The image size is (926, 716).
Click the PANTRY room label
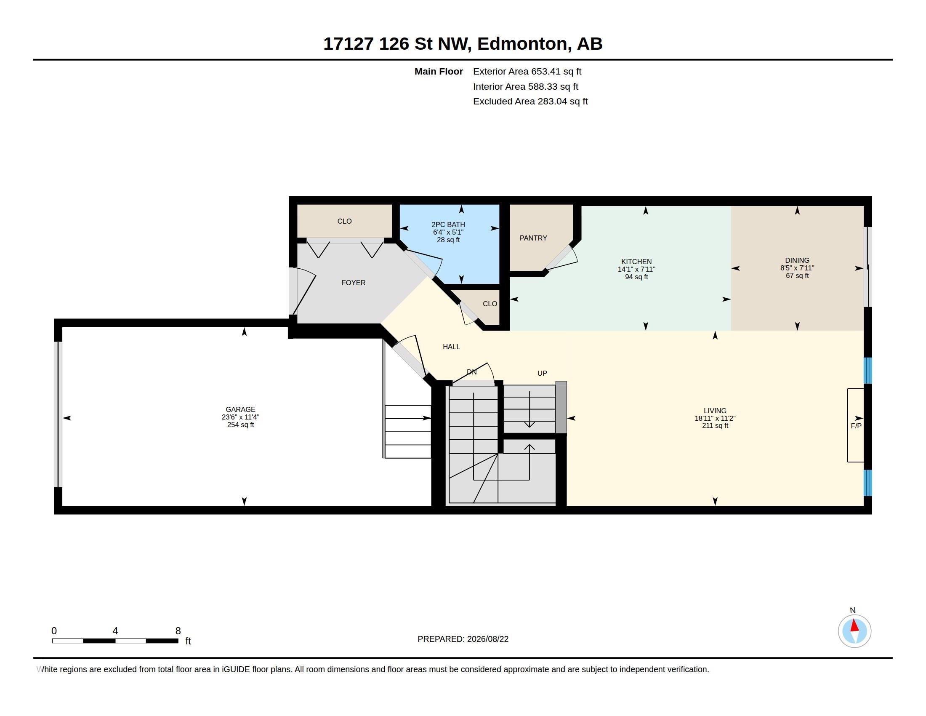(533, 238)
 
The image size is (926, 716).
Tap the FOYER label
(353, 283)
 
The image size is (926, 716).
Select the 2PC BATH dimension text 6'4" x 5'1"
(448, 232)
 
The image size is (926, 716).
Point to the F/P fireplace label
(856, 425)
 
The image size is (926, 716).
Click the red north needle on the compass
(854, 625)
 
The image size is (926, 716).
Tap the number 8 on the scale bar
(178, 631)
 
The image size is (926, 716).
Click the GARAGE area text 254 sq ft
(240, 425)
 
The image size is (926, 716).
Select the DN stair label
(471, 372)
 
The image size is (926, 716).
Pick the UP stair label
(542, 373)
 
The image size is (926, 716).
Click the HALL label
(451, 347)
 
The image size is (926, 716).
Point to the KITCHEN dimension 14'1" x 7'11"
(636, 270)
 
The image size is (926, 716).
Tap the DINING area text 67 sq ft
(797, 276)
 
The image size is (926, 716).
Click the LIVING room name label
(715, 411)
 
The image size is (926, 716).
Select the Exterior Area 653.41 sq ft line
(527, 72)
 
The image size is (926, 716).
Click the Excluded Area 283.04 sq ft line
(530, 102)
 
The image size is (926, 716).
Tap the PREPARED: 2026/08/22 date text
(463, 639)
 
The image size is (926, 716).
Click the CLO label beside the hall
(490, 304)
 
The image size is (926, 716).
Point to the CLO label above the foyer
(344, 221)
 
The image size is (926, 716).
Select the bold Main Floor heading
(439, 72)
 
